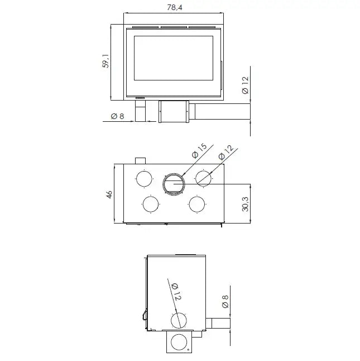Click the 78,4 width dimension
tap(175, 8)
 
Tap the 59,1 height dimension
tap(105, 61)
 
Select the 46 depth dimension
tap(109, 194)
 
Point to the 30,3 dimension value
tap(245, 204)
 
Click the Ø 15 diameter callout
tap(199, 151)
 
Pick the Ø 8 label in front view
tap(117, 116)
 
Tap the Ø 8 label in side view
tap(225, 301)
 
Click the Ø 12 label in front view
tap(245, 85)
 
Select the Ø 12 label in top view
tap(225, 153)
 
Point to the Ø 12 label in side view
tap(176, 292)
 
